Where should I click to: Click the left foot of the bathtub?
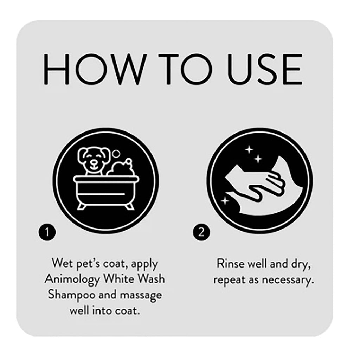click(x=82, y=206)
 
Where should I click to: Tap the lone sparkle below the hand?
click(x=224, y=201)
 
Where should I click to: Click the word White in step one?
click(x=117, y=279)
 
